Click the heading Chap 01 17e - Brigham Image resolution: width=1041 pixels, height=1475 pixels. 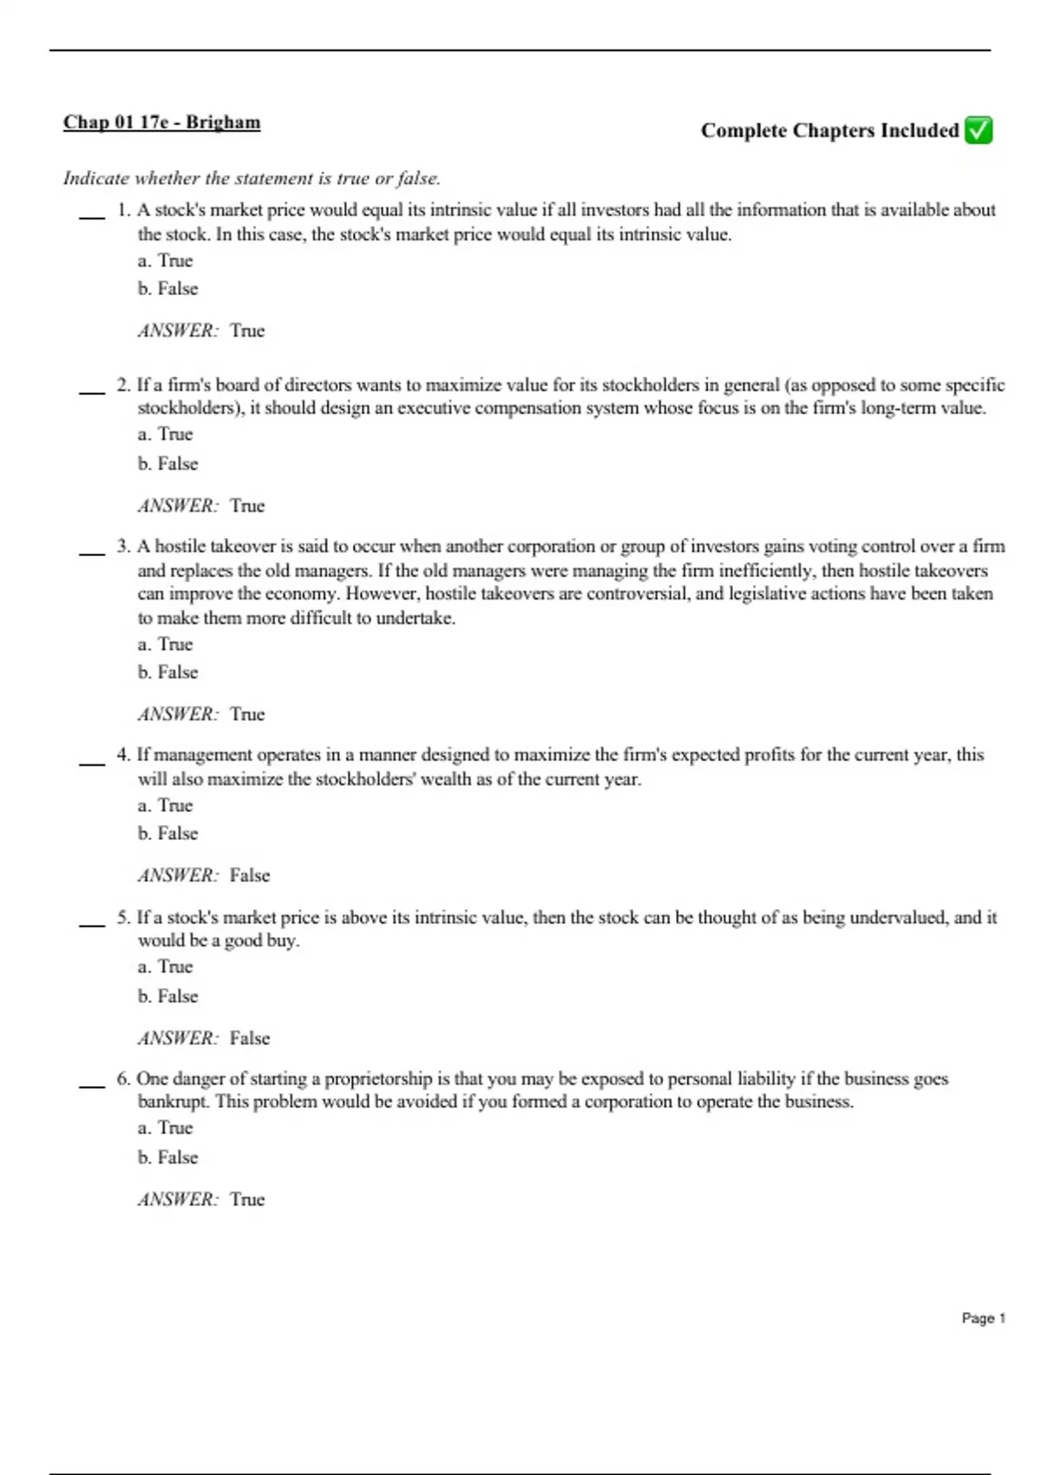[x=161, y=121]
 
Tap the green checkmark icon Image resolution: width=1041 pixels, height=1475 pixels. [x=979, y=130]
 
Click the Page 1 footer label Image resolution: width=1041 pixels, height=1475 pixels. [x=983, y=1318]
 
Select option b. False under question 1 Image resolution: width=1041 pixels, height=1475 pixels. [x=168, y=289]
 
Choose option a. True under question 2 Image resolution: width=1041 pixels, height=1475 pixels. [x=165, y=434]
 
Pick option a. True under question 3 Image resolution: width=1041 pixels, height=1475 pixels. [x=165, y=644]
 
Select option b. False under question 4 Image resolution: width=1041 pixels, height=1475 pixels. [x=168, y=834]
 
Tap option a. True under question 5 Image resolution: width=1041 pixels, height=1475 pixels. [x=165, y=967]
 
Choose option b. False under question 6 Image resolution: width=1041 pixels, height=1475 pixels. [x=168, y=1157]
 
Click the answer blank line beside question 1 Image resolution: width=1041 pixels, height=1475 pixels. [x=92, y=217]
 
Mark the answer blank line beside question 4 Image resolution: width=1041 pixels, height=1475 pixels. [x=92, y=763]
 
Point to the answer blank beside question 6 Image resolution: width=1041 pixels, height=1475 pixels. [x=92, y=1086]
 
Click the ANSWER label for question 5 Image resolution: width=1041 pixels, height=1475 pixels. [x=178, y=1039]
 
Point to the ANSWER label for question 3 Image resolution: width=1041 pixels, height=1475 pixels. [x=178, y=715]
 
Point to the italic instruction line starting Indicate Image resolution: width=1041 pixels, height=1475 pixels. [x=252, y=179]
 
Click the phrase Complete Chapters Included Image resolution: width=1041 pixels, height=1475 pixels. [x=829, y=130]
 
